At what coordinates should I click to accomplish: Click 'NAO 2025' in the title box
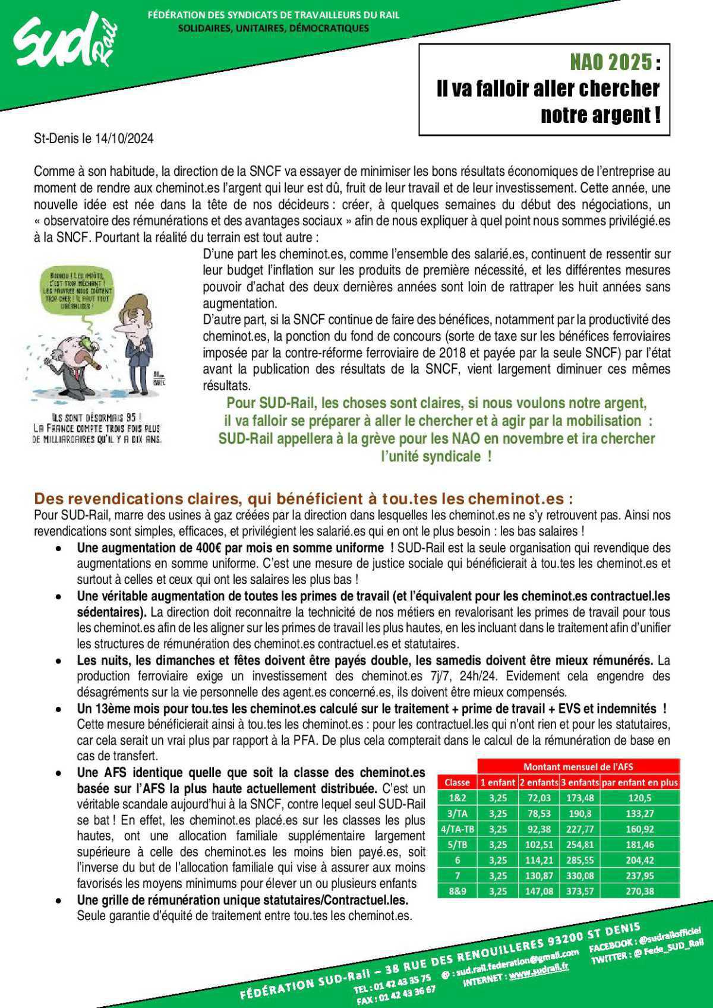coord(610,62)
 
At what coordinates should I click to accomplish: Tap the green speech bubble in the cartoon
coord(78,293)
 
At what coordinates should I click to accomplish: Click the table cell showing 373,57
coord(579,891)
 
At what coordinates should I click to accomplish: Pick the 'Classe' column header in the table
coord(457,783)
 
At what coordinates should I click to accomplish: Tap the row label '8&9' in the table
coord(457,891)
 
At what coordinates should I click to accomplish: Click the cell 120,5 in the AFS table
coord(639,798)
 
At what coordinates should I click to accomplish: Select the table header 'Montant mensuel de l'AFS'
coord(578,767)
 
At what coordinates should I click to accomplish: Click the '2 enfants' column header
coord(539,783)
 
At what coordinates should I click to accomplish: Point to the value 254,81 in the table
coord(579,845)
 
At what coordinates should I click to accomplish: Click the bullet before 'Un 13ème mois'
coord(58,709)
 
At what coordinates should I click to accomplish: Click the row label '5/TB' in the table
coord(457,845)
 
